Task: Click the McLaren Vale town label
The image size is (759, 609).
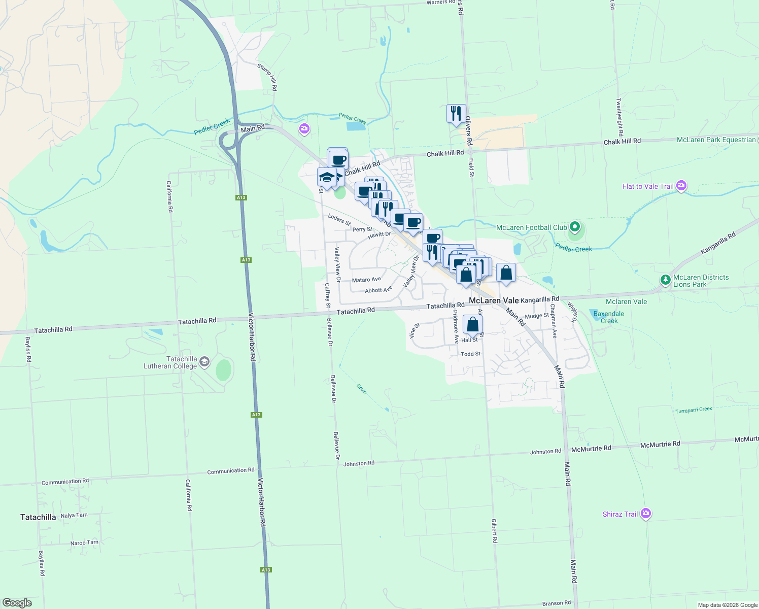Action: pos(494,300)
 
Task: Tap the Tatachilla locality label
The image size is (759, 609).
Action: pos(38,517)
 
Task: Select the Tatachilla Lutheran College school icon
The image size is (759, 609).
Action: pos(204,362)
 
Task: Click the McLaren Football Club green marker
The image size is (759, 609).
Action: pos(574,227)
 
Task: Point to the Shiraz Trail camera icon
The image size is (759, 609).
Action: pos(645,514)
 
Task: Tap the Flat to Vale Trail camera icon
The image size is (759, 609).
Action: pos(681,186)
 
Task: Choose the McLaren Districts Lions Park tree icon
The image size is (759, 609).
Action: pos(665,280)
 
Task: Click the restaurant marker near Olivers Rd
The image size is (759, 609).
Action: pos(456,114)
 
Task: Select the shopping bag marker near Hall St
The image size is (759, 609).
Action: pos(472,325)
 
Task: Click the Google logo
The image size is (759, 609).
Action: pos(17,603)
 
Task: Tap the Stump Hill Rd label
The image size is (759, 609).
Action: pos(267,77)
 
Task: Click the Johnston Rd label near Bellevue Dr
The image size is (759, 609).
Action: pos(359,463)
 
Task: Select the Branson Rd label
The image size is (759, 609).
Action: pos(556,603)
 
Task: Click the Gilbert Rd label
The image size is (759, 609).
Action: pos(495,530)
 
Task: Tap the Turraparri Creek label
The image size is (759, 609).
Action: pos(694,410)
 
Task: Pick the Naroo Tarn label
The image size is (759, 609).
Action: pos(84,543)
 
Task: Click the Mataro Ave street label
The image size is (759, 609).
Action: pos(366,280)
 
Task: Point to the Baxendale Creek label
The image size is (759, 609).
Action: pos(609,317)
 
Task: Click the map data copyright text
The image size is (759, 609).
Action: pos(728,605)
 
